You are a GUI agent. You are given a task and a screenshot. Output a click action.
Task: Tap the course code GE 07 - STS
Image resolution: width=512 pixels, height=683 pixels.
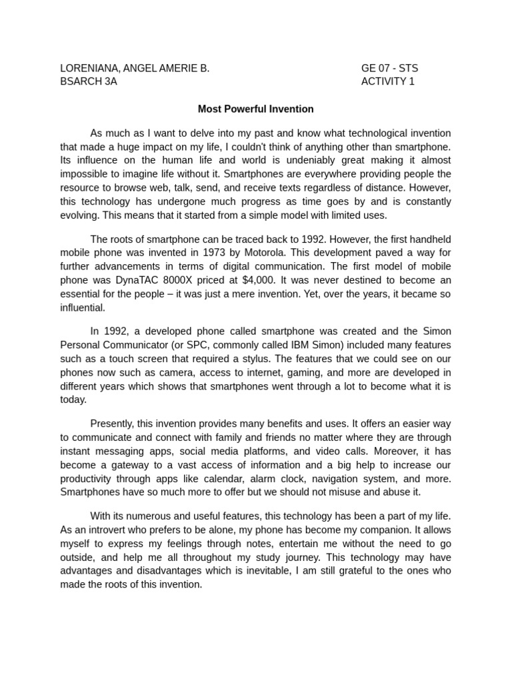pyautogui.click(x=389, y=68)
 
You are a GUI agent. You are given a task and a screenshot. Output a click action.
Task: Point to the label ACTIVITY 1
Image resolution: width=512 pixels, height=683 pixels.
pyautogui.click(x=387, y=81)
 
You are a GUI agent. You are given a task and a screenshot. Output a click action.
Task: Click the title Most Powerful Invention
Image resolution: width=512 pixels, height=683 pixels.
pyautogui.click(x=255, y=109)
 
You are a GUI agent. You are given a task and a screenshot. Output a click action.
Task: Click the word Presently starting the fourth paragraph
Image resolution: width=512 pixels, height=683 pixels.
pyautogui.click(x=111, y=424)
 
